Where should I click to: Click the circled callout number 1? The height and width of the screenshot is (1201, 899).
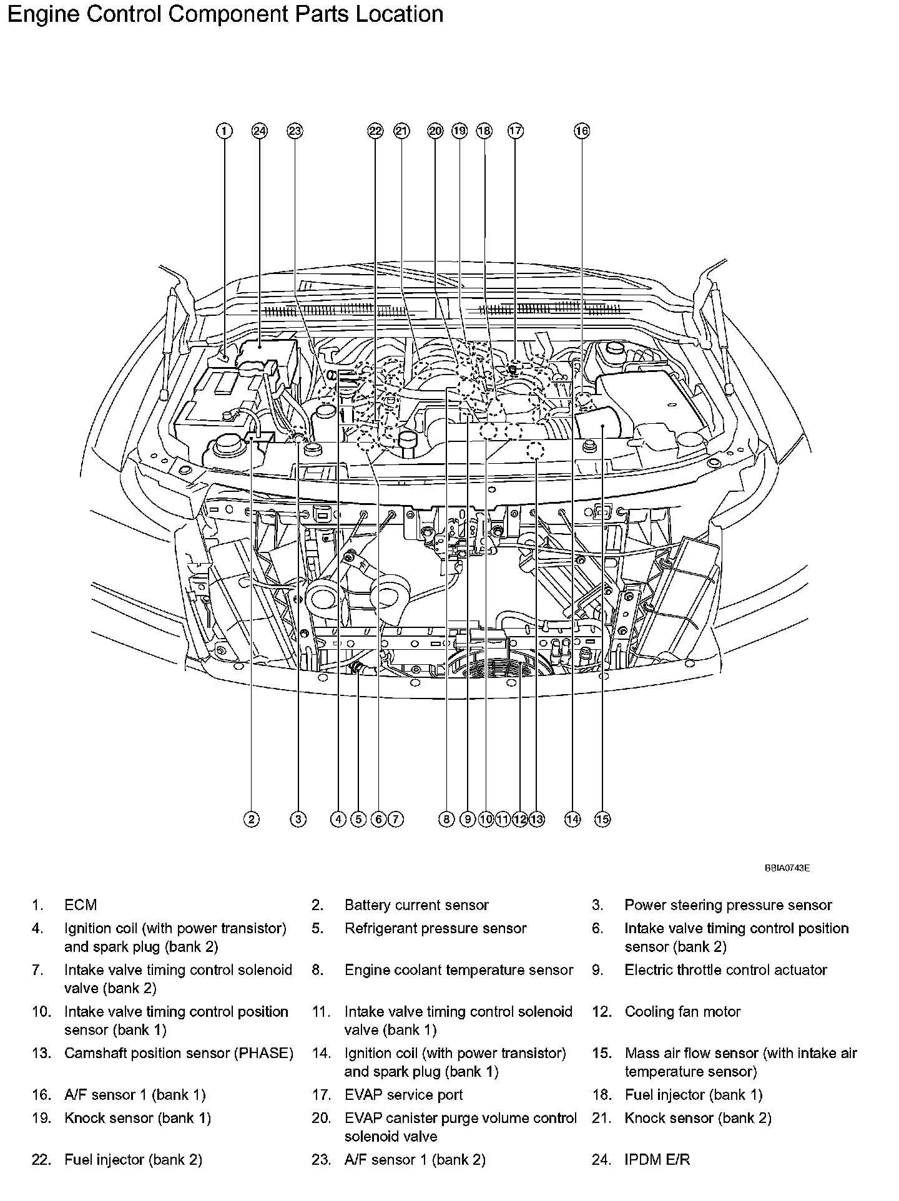(x=224, y=131)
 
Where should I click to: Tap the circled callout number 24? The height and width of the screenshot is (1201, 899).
(x=259, y=131)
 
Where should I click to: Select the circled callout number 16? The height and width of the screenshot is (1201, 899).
(x=581, y=131)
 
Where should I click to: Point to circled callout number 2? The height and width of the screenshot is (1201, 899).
(x=251, y=820)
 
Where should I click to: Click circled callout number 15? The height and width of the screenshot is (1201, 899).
(x=602, y=820)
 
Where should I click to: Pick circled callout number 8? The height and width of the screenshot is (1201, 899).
(x=446, y=820)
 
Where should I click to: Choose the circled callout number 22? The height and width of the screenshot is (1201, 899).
(x=375, y=131)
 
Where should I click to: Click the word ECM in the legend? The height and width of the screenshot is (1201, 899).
(x=81, y=905)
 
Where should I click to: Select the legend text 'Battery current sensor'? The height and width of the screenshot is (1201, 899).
(x=416, y=905)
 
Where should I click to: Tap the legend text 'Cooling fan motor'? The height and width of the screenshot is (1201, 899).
(x=682, y=1012)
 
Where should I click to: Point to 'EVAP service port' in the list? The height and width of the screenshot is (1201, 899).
(x=403, y=1095)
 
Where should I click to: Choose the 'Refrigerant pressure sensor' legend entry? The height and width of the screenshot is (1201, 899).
(x=435, y=929)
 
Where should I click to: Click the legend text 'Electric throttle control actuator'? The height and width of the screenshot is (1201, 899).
(x=725, y=970)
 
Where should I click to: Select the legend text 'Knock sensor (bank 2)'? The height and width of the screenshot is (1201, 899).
(x=698, y=1119)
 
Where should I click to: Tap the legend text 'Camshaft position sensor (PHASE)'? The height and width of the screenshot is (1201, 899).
(x=179, y=1054)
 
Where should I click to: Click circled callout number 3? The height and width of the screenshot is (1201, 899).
(x=298, y=820)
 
